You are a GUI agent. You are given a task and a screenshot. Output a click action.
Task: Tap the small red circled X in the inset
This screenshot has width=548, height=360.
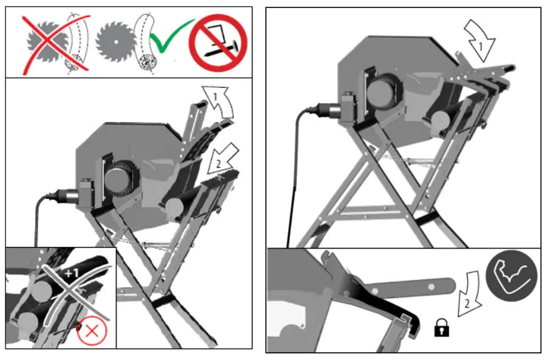coord(92,331)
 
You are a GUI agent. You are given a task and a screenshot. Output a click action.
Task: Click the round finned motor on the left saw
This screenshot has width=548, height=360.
coord(121,181)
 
